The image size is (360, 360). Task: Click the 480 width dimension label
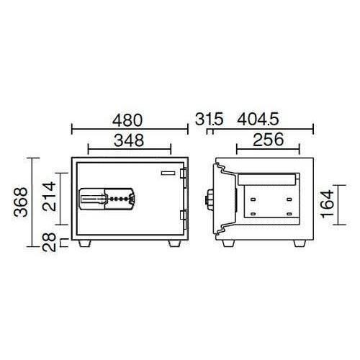pyautogui.click(x=127, y=120)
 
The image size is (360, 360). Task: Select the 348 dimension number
pyautogui.click(x=129, y=140)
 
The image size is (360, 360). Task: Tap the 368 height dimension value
pyautogui.click(x=21, y=202)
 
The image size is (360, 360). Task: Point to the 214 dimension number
pyautogui.click(x=49, y=197)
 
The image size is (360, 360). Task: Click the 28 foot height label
pyautogui.click(x=49, y=242)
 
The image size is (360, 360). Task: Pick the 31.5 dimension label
pyautogui.click(x=210, y=120)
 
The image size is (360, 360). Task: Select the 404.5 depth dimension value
pyautogui.click(x=258, y=120)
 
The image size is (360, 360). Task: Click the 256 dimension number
pyautogui.click(x=269, y=140)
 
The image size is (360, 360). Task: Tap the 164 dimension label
pyautogui.click(x=327, y=204)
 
